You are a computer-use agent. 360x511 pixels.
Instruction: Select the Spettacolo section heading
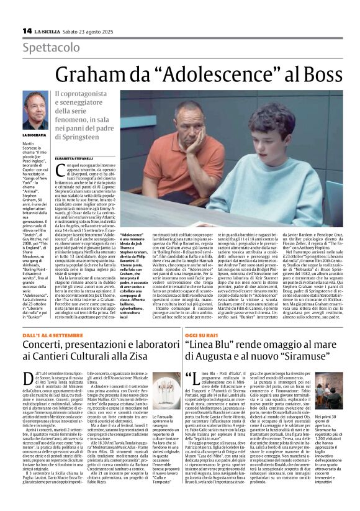point(50,48)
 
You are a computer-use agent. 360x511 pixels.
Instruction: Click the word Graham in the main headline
point(86,75)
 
